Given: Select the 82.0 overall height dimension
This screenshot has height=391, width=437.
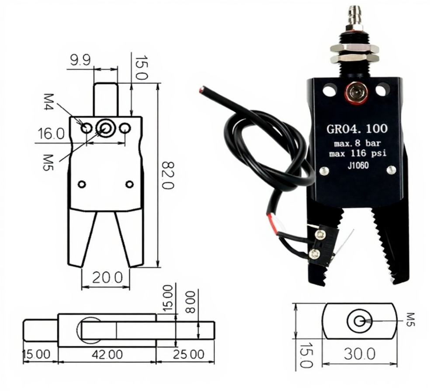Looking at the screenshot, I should [x=168, y=175].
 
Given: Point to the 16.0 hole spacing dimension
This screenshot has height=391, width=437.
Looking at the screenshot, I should [x=51, y=134].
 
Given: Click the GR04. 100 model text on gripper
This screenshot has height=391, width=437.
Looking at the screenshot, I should [x=357, y=129].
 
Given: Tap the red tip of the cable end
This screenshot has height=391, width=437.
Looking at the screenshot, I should [x=201, y=90].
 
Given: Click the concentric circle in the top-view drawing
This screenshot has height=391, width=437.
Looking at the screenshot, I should [x=359, y=321].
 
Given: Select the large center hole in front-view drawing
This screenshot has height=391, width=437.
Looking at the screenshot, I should [x=105, y=128].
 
